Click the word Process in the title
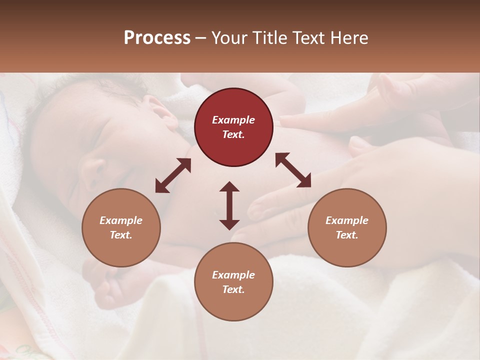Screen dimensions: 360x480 157,38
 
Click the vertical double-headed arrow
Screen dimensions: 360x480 229,205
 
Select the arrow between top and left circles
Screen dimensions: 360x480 173,175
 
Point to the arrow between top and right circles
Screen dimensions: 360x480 293,170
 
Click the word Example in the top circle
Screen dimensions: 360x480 233,120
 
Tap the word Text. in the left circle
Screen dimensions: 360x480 121,235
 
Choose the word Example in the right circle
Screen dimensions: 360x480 347,220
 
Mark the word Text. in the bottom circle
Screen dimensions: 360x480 233,289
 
